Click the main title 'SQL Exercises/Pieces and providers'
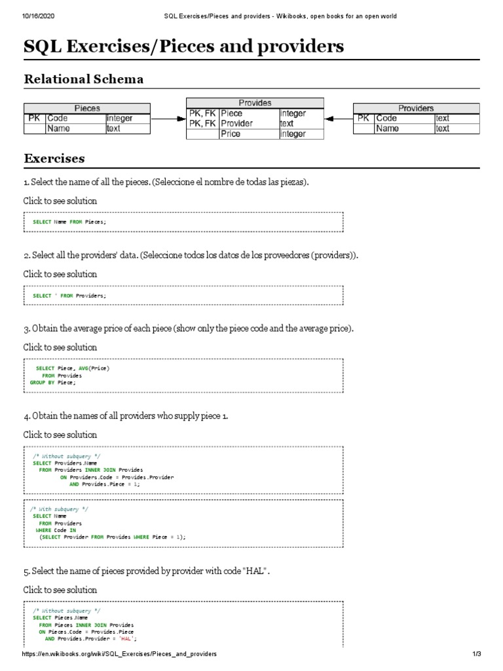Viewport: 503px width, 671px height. pos(183,47)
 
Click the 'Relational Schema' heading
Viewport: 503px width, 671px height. pos(83,79)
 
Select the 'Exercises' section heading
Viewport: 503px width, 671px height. pos(54,159)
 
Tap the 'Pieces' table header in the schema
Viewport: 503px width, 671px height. pos(87,108)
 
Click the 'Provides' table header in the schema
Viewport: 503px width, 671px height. pos(255,103)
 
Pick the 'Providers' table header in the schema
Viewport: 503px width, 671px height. pos(416,108)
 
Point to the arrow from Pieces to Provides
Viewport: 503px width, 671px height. pos(168,119)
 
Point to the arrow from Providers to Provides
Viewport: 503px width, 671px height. pos(339,119)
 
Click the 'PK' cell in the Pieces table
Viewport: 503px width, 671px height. pos(34,119)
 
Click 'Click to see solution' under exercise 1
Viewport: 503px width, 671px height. pos(60,201)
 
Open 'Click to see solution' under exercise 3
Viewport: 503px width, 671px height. pos(60,347)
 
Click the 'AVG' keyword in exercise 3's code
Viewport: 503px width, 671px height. pos(84,369)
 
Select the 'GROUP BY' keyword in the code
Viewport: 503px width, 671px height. pos(42,383)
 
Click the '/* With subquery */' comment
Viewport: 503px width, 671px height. pos(60,508)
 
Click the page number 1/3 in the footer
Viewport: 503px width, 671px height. pos(477,655)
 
